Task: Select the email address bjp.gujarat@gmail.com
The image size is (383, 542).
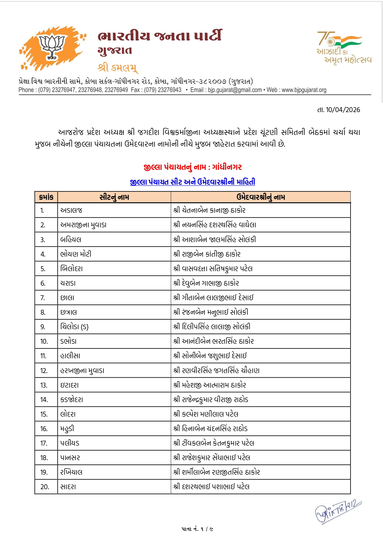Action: click(234, 90)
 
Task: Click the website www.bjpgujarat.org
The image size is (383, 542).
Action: click(304, 90)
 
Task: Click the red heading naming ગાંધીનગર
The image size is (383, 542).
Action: click(193, 167)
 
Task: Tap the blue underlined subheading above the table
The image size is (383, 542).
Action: click(193, 182)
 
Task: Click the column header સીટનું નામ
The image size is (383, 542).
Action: click(114, 197)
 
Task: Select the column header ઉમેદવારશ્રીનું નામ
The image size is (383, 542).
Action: click(261, 197)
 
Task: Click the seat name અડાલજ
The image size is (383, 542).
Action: click(71, 211)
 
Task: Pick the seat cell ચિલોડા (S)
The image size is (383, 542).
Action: click(74, 327)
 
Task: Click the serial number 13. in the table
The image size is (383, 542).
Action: click(44, 385)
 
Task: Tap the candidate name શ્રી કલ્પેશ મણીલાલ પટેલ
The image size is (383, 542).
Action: click(206, 414)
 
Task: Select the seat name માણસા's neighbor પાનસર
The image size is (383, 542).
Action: click(70, 458)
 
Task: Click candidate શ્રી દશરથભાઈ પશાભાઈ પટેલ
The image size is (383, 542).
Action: click(212, 487)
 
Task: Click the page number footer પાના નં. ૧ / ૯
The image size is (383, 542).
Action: click(197, 529)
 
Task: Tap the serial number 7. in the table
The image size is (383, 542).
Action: click(43, 298)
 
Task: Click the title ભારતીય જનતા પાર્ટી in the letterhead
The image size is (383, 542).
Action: click(160, 36)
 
